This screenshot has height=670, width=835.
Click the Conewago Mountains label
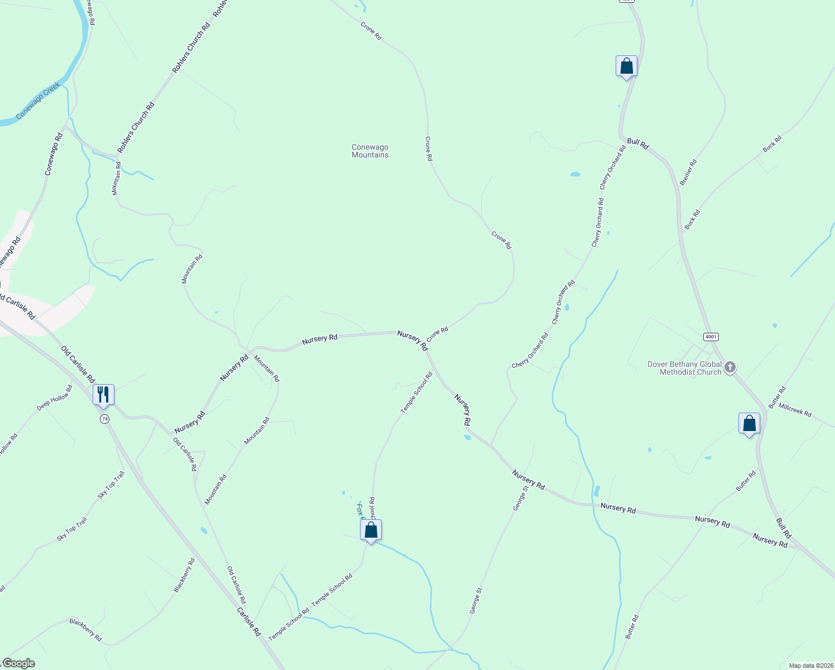coord(369,151)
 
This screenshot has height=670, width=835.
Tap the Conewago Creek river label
coord(37,102)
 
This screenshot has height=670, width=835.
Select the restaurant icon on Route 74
coord(103,394)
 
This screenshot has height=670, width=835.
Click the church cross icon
coord(730,367)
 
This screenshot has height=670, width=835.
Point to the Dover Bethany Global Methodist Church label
coord(684,368)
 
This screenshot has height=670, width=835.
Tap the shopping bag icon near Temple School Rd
coord(371,530)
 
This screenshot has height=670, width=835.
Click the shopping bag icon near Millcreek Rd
coord(749,423)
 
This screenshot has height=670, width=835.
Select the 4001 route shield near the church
coord(711,337)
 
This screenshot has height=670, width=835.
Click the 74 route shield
coord(104,419)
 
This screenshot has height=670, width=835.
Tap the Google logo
coord(18,663)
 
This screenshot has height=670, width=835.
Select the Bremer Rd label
coord(688,173)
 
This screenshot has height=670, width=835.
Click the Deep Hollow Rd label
coord(55,398)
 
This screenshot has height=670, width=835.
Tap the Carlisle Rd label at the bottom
coord(249,622)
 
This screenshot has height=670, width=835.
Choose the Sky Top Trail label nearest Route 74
coord(111,485)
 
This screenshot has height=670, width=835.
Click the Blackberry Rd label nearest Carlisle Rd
coord(184,575)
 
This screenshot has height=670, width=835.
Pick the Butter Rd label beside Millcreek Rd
coord(776,397)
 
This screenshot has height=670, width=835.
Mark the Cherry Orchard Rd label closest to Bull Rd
coord(612,167)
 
